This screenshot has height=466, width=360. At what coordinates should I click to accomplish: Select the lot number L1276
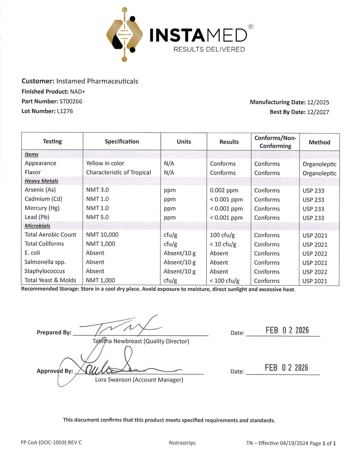[65, 111]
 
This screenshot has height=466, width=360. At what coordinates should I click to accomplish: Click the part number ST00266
[71, 101]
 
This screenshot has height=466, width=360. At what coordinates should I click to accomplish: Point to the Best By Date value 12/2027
[318, 112]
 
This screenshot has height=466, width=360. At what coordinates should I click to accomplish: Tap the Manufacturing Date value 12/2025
[318, 102]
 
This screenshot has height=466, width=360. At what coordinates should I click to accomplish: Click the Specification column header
[122, 142]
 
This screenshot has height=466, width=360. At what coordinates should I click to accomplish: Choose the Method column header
[319, 142]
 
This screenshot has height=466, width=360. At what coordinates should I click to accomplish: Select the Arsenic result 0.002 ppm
[224, 190]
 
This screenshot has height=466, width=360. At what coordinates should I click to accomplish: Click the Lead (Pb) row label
[37, 217]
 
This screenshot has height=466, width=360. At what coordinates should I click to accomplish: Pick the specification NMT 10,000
[102, 235]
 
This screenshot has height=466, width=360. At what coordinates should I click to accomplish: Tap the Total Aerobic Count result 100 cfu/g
[222, 235]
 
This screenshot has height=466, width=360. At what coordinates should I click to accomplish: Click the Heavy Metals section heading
[41, 181]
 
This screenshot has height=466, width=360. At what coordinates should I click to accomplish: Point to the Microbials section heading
[37, 226]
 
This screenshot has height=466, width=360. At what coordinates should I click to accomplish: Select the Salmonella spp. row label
[45, 262]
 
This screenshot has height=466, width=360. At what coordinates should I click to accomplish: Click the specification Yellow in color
[105, 163]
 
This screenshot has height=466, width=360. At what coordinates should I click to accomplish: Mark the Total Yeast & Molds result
[225, 281]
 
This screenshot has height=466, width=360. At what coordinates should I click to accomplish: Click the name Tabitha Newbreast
[117, 341]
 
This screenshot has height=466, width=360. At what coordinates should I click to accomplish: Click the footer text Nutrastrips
[182, 443]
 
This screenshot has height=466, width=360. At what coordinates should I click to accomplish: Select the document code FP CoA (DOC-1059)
[44, 442]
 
